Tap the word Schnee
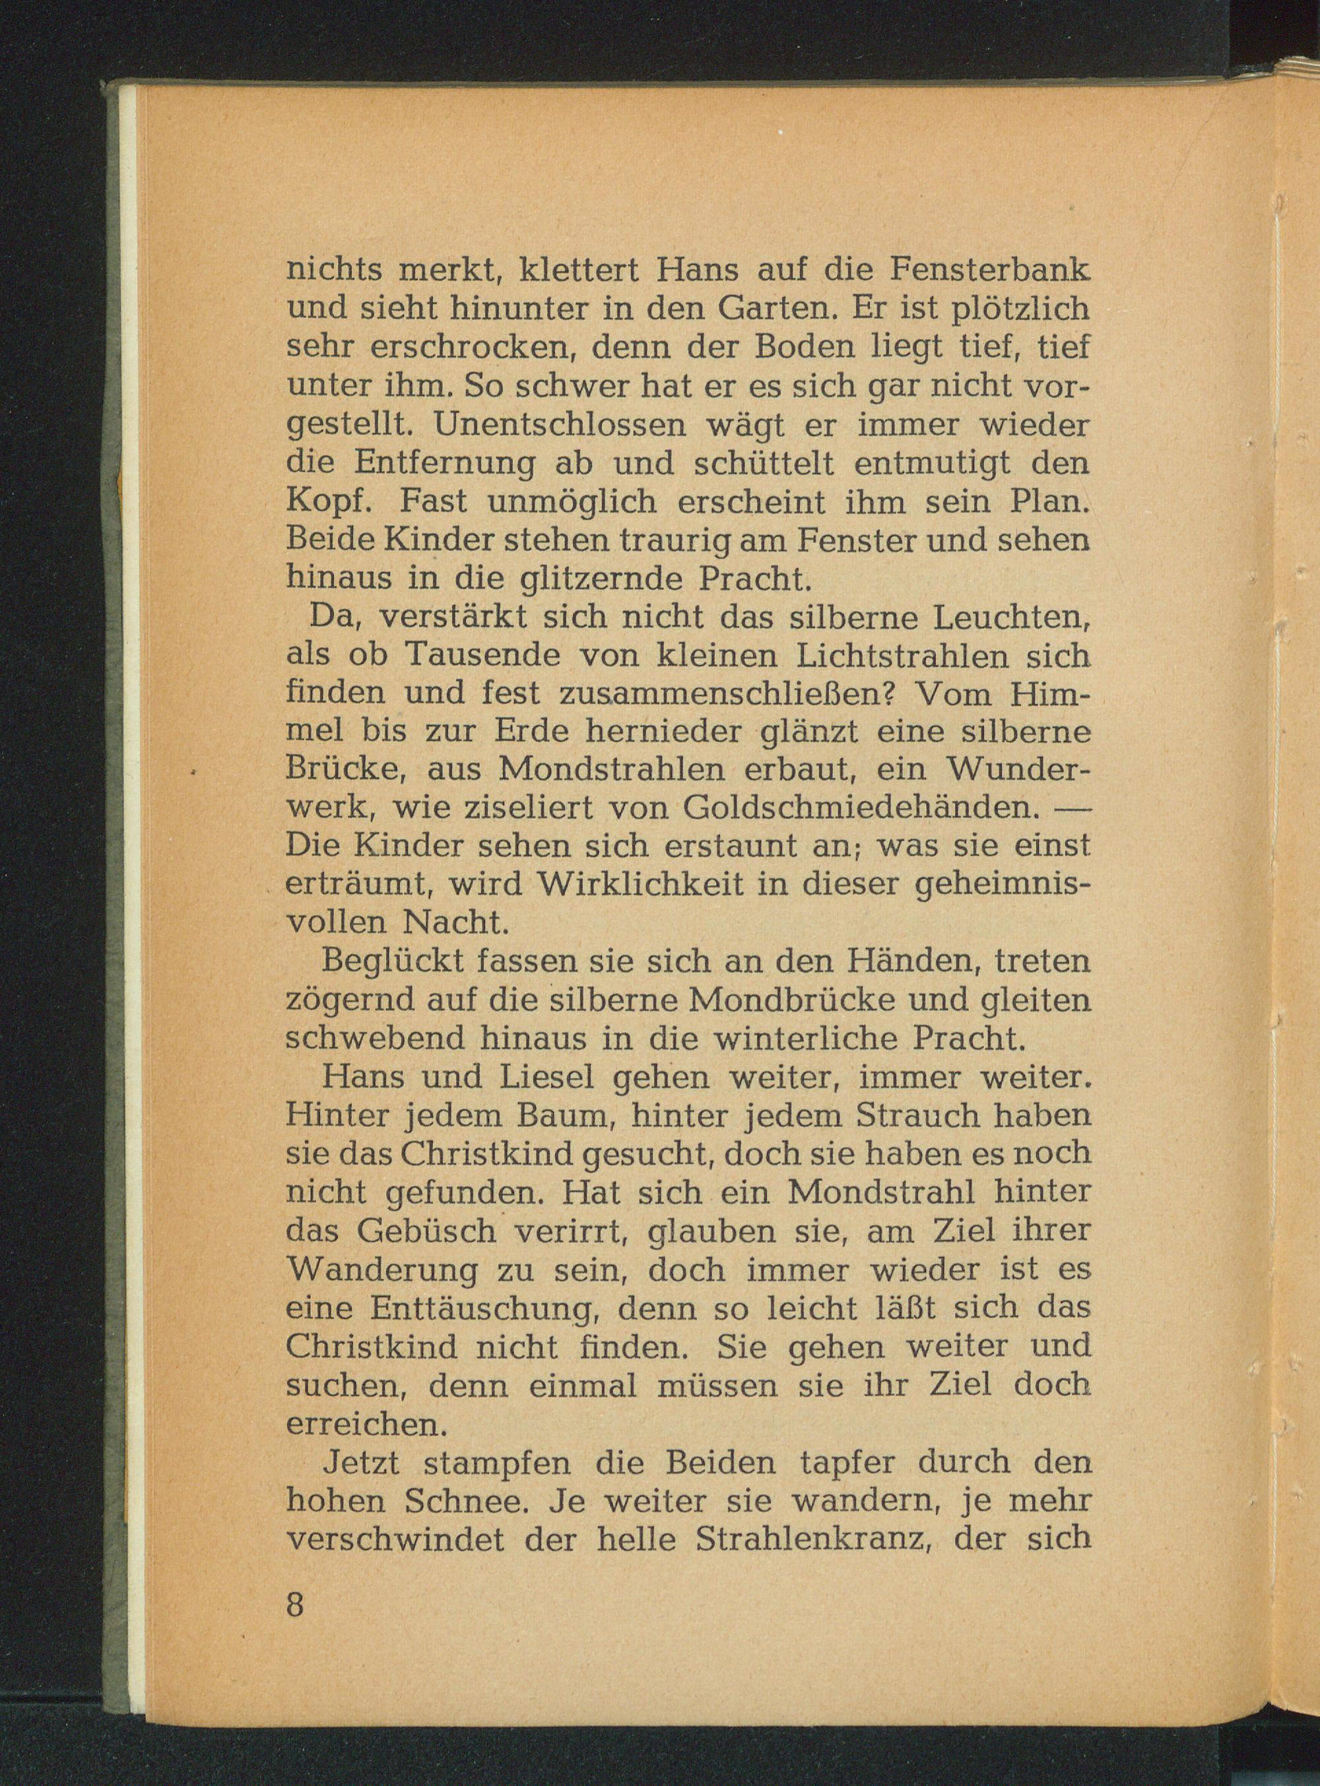pyautogui.click(x=455, y=1502)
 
